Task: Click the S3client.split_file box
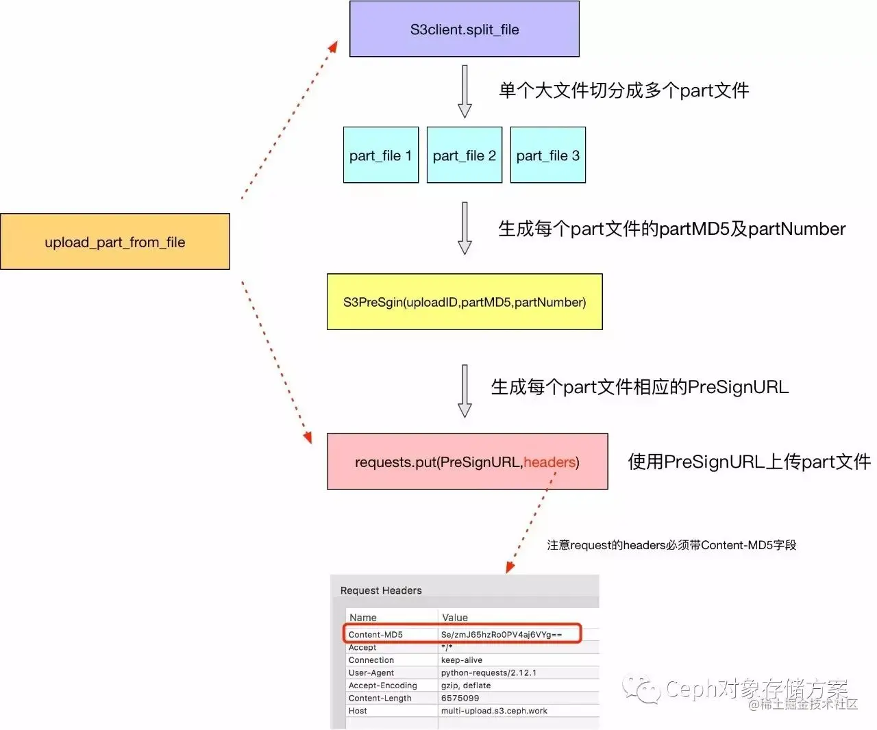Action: click(464, 29)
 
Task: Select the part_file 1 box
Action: click(380, 155)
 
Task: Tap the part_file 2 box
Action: click(464, 155)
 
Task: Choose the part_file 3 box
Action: click(547, 155)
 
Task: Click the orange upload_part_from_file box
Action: click(114, 242)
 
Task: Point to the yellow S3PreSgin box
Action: click(464, 302)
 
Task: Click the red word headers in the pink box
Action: click(549, 462)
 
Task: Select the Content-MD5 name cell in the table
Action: click(375, 635)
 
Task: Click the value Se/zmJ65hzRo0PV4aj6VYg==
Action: click(501, 635)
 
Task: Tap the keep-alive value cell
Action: click(461, 660)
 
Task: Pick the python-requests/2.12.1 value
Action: click(489, 673)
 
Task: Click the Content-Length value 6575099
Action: click(460, 698)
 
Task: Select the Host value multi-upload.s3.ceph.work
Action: click(494, 711)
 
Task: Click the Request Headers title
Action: click(381, 590)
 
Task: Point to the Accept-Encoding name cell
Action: click(382, 685)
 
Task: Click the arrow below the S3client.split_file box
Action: click(465, 91)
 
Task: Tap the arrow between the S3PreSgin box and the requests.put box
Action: click(465, 390)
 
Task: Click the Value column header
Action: click(455, 618)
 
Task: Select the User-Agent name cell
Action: click(371, 673)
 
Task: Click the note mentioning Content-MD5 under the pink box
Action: click(671, 545)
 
